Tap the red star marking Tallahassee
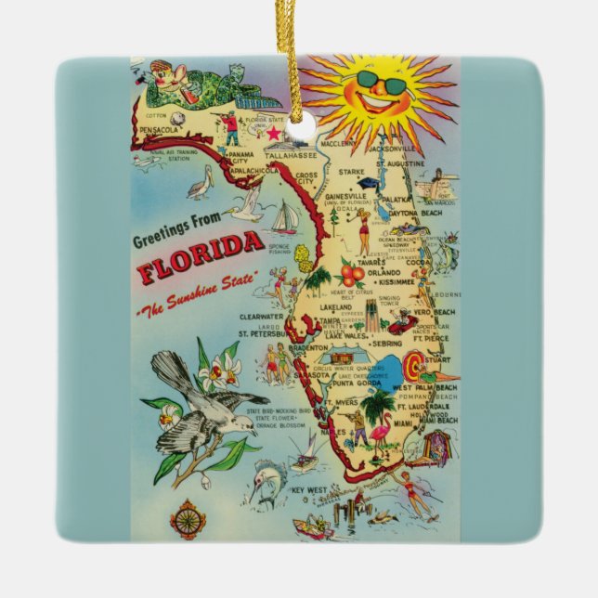(273, 134)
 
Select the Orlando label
(382, 273)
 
